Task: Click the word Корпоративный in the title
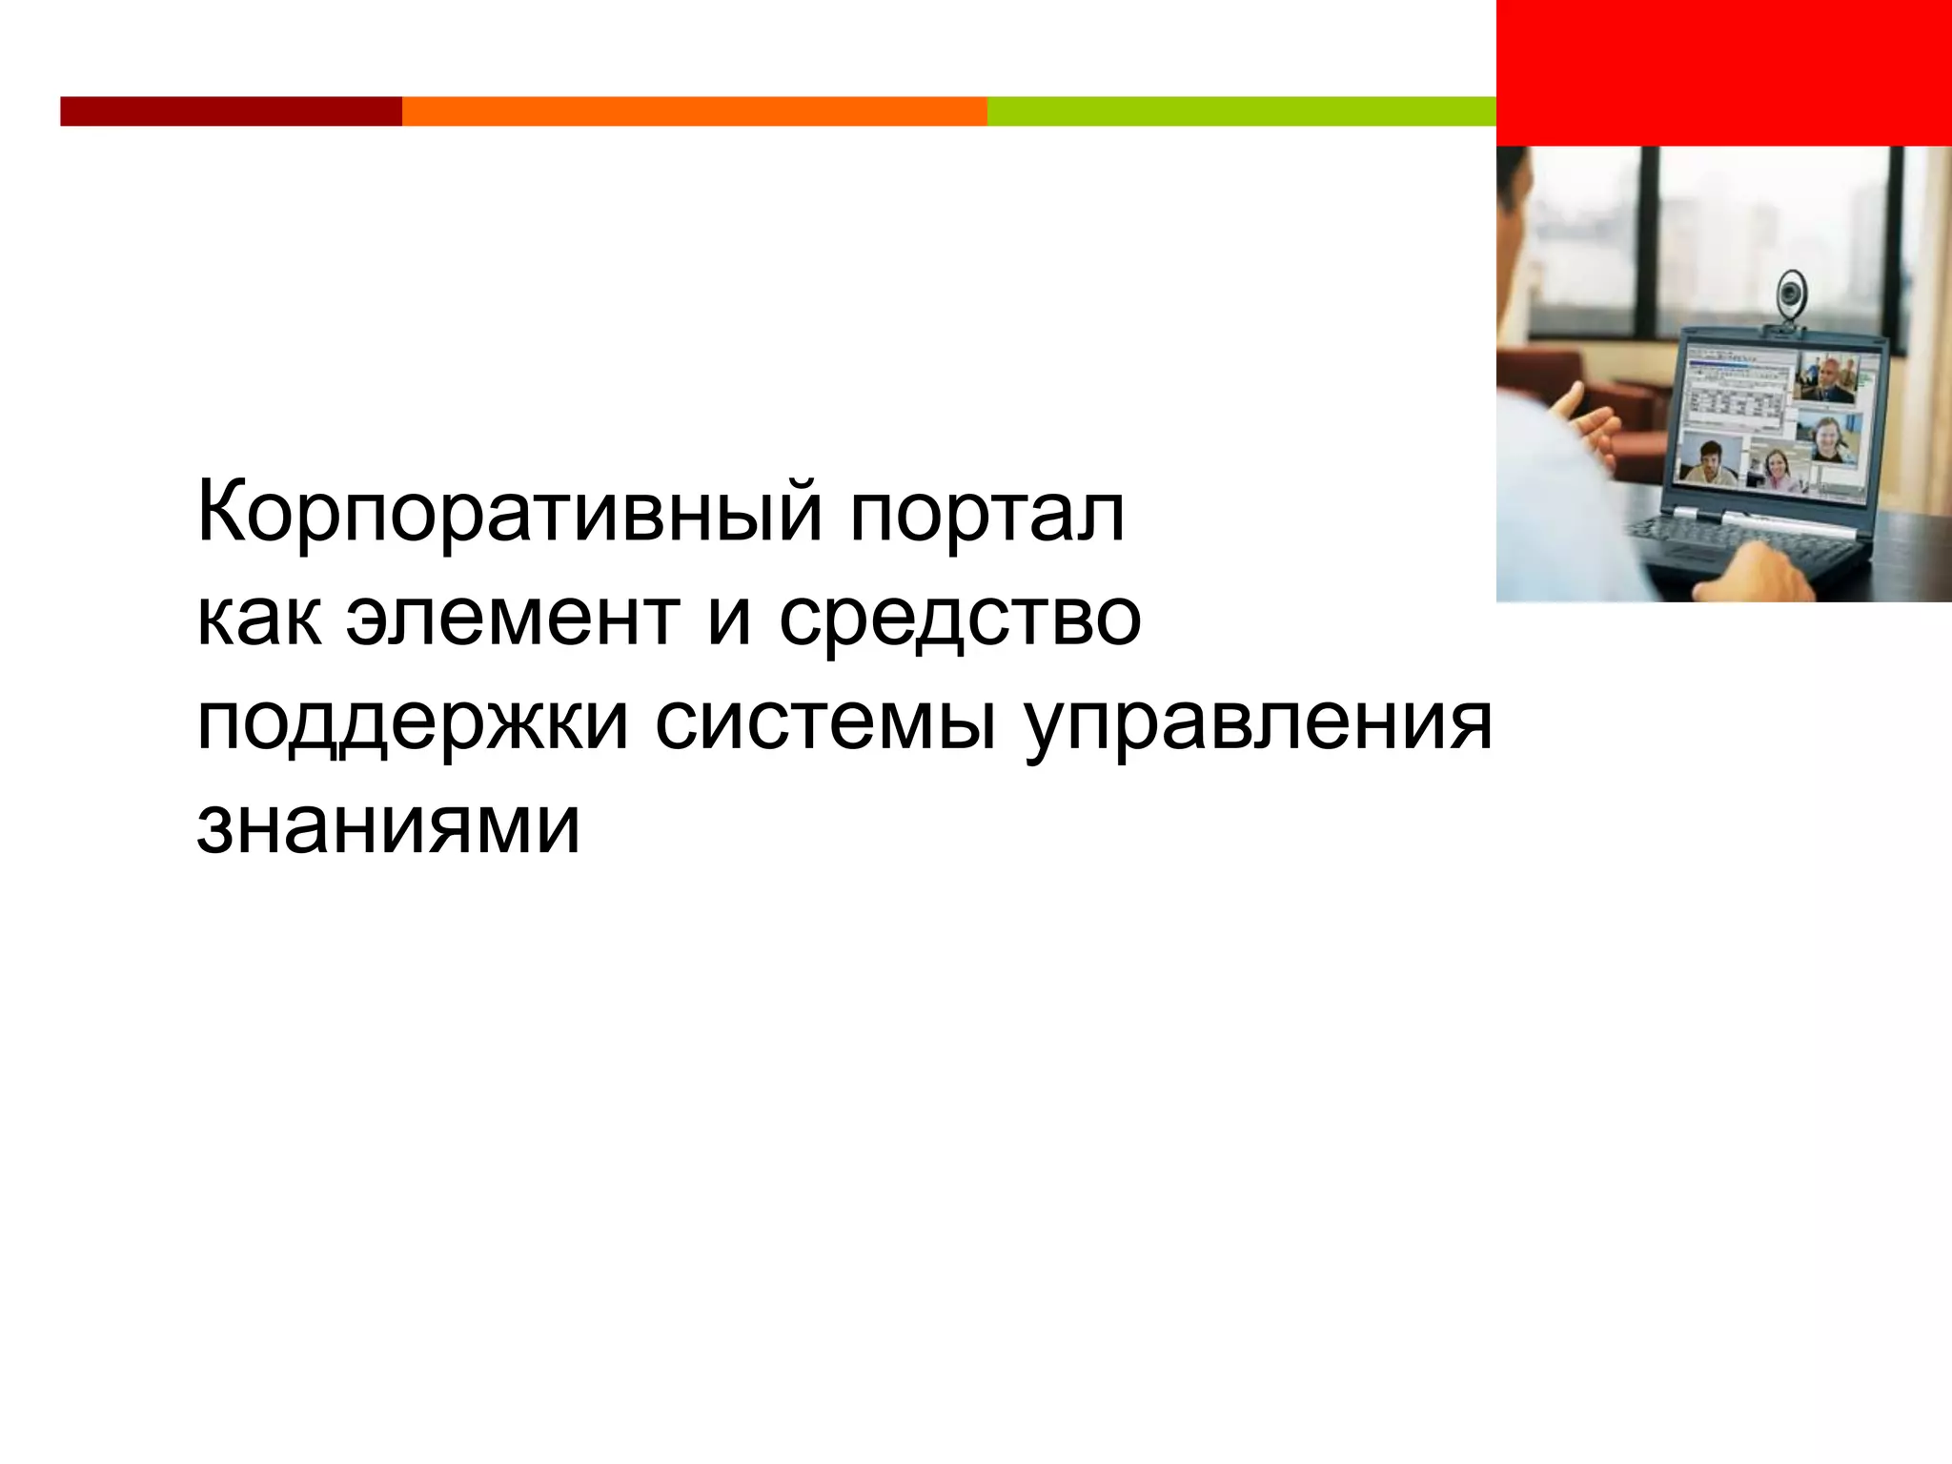click(x=509, y=515)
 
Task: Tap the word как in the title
click(x=258, y=620)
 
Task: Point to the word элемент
click(x=513, y=620)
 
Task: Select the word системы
click(x=825, y=724)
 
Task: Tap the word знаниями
click(x=388, y=825)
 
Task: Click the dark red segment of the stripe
click(x=231, y=112)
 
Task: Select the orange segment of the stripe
click(x=694, y=112)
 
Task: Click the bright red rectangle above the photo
click(x=1723, y=72)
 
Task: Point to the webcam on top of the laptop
click(x=1789, y=296)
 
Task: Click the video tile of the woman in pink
click(x=1779, y=468)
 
